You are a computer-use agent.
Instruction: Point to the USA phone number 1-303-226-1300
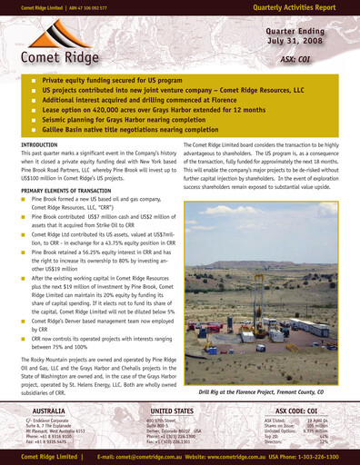318,456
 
